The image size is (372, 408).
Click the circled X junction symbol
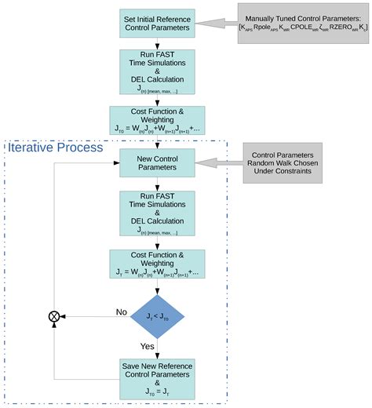(x=55, y=315)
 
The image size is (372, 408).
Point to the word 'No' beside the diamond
(x=121, y=311)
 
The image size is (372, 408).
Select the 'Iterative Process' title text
(x=56, y=147)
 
